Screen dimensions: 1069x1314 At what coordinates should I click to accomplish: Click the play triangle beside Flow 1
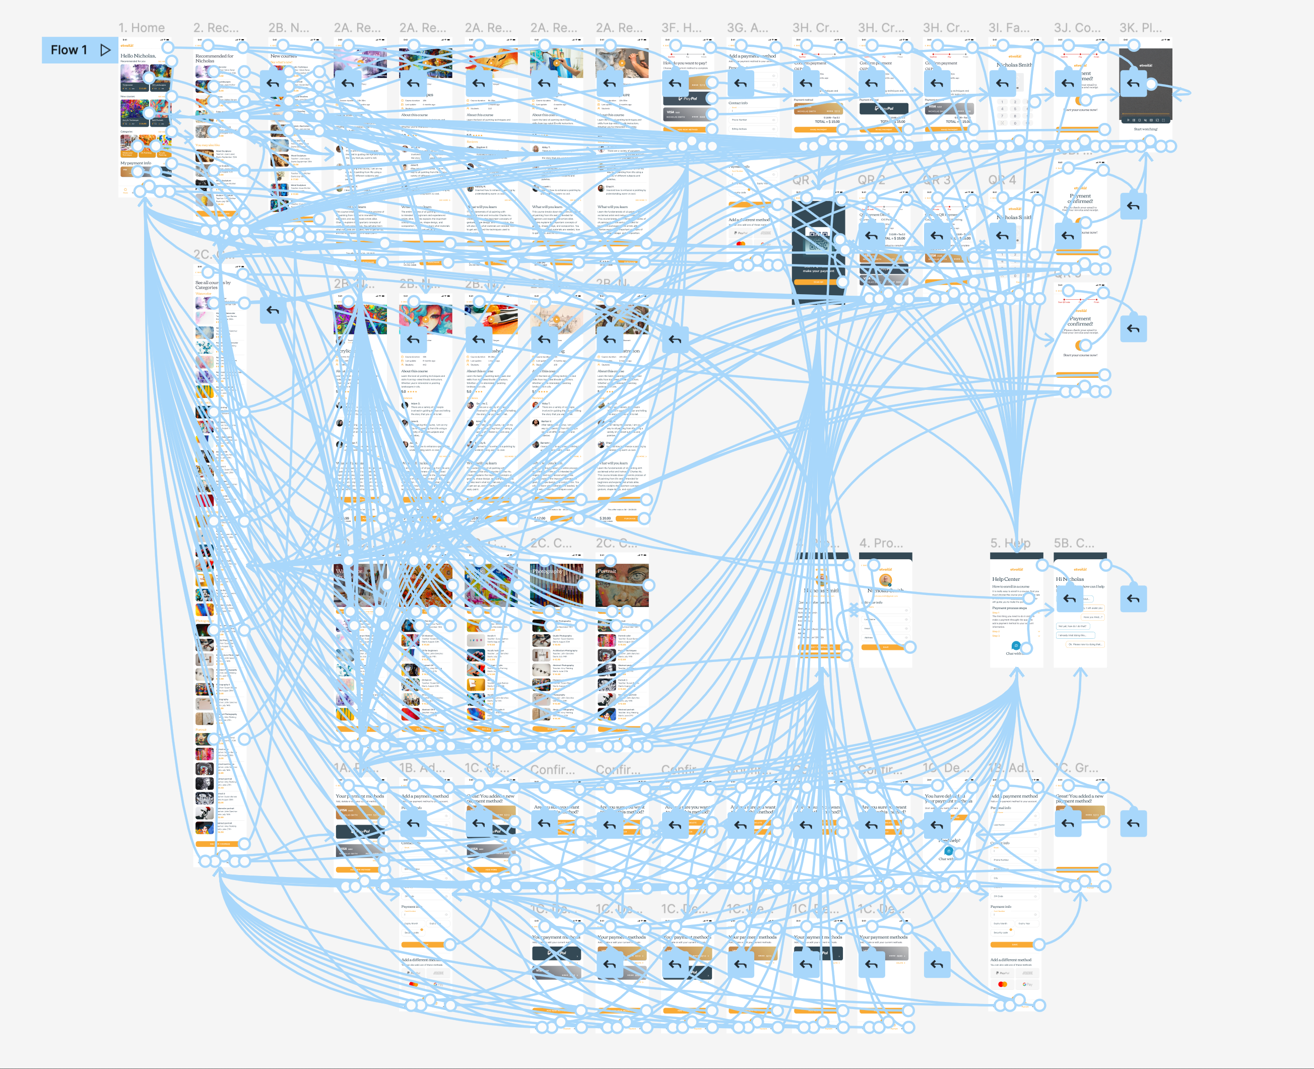[x=105, y=50]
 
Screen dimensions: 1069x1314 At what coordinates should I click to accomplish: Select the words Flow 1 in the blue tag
[x=69, y=50]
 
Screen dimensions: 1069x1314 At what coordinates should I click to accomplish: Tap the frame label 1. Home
[x=142, y=28]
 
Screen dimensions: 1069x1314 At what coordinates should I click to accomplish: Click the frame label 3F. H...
[x=681, y=28]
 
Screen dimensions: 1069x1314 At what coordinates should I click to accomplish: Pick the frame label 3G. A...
[x=747, y=28]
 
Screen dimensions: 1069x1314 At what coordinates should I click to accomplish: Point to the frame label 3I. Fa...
[x=1009, y=28]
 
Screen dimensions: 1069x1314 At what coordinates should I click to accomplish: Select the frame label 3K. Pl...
[x=1140, y=28]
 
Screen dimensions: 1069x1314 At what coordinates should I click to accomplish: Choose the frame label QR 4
[x=1002, y=180]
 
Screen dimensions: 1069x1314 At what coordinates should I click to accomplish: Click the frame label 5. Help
[x=1010, y=543]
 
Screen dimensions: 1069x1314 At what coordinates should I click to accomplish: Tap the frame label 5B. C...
[x=1074, y=543]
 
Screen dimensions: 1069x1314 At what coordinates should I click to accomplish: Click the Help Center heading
[x=1006, y=579]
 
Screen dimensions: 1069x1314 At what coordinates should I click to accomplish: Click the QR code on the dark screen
[x=818, y=239]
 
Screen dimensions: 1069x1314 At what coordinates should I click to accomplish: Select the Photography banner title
[x=547, y=571]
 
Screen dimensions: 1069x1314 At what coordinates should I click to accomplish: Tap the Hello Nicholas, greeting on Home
[x=138, y=56]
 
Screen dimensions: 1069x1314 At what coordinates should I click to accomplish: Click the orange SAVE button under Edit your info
[x=885, y=647]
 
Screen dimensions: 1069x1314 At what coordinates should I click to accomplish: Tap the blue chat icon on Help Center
[x=1016, y=646]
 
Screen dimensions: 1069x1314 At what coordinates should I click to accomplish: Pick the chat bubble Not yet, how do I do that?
[x=1071, y=626]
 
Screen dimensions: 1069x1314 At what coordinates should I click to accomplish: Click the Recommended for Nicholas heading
[x=214, y=58]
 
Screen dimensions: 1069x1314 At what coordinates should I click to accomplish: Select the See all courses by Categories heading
[x=213, y=285]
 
